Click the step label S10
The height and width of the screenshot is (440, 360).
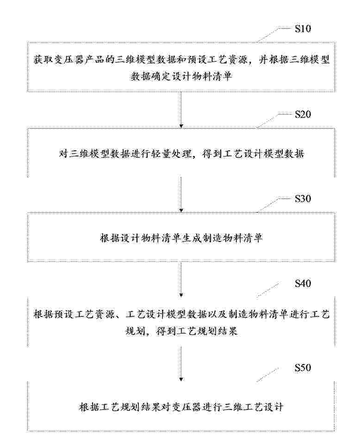pyautogui.click(x=303, y=29)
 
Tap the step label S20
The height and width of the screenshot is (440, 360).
pyautogui.click(x=303, y=114)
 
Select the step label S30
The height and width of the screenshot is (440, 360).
pyautogui.click(x=303, y=198)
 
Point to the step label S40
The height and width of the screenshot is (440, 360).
pyautogui.click(x=303, y=284)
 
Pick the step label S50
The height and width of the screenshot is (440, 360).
pyautogui.click(x=303, y=368)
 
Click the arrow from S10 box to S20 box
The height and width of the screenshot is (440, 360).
pyautogui.click(x=181, y=110)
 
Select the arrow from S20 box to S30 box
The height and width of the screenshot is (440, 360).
pyautogui.click(x=181, y=194)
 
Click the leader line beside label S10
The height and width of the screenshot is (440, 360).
pyautogui.click(x=273, y=35)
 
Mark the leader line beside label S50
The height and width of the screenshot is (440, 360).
pyautogui.click(x=267, y=375)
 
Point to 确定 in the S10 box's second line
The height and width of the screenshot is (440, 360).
pyautogui.click(x=161, y=76)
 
